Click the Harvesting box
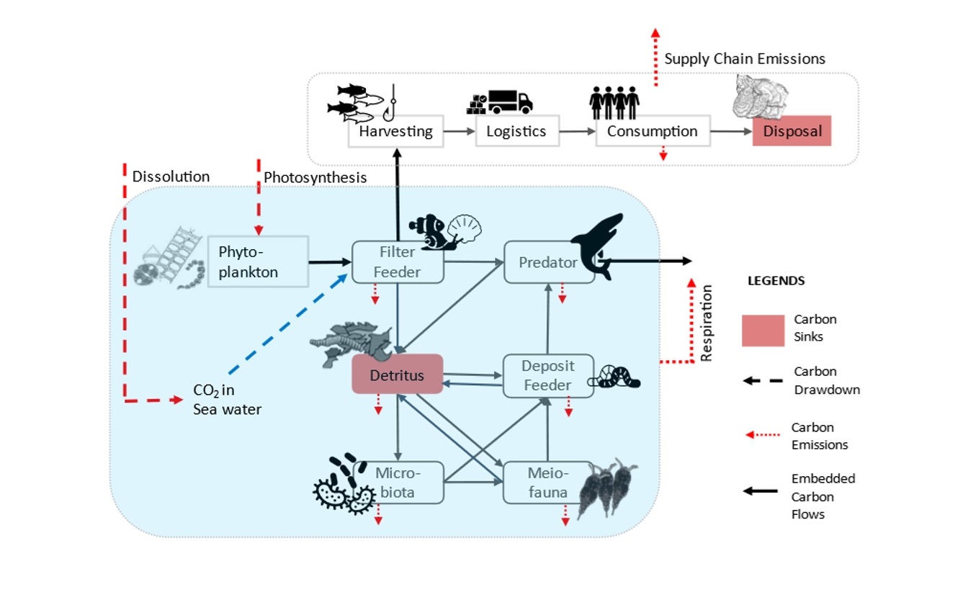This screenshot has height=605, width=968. tap(395, 132)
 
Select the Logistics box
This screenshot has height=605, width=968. tap(516, 132)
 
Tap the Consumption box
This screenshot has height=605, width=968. tap(652, 132)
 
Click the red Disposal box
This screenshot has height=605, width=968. tap(792, 131)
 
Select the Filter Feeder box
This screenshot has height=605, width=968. tap(397, 262)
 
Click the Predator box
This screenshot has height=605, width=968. tap(548, 262)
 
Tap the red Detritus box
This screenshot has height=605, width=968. tap(397, 375)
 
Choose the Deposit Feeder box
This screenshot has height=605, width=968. tap(547, 375)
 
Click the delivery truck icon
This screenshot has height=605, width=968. tap(510, 102)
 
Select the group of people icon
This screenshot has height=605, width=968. tap(614, 103)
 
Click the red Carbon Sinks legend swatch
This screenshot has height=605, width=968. tap(763, 330)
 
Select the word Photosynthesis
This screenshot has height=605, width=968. tap(315, 177)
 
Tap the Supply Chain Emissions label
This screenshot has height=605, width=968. tap(745, 58)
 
